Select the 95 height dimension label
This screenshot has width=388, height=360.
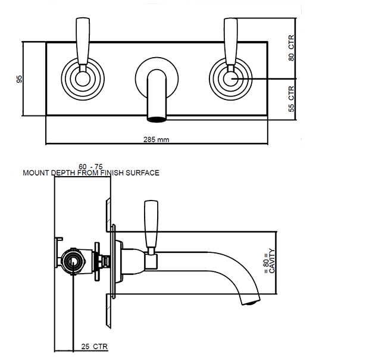(x=19, y=79)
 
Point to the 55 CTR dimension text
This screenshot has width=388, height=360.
(x=292, y=99)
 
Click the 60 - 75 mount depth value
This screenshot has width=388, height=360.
(x=90, y=166)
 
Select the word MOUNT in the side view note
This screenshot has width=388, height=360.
(x=35, y=173)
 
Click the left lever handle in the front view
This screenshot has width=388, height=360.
(x=83, y=39)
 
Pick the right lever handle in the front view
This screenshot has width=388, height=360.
(x=230, y=39)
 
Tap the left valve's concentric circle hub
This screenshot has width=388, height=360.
(x=82, y=78)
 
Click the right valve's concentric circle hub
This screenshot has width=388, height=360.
(x=230, y=78)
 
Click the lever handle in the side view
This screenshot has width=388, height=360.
(x=152, y=224)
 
